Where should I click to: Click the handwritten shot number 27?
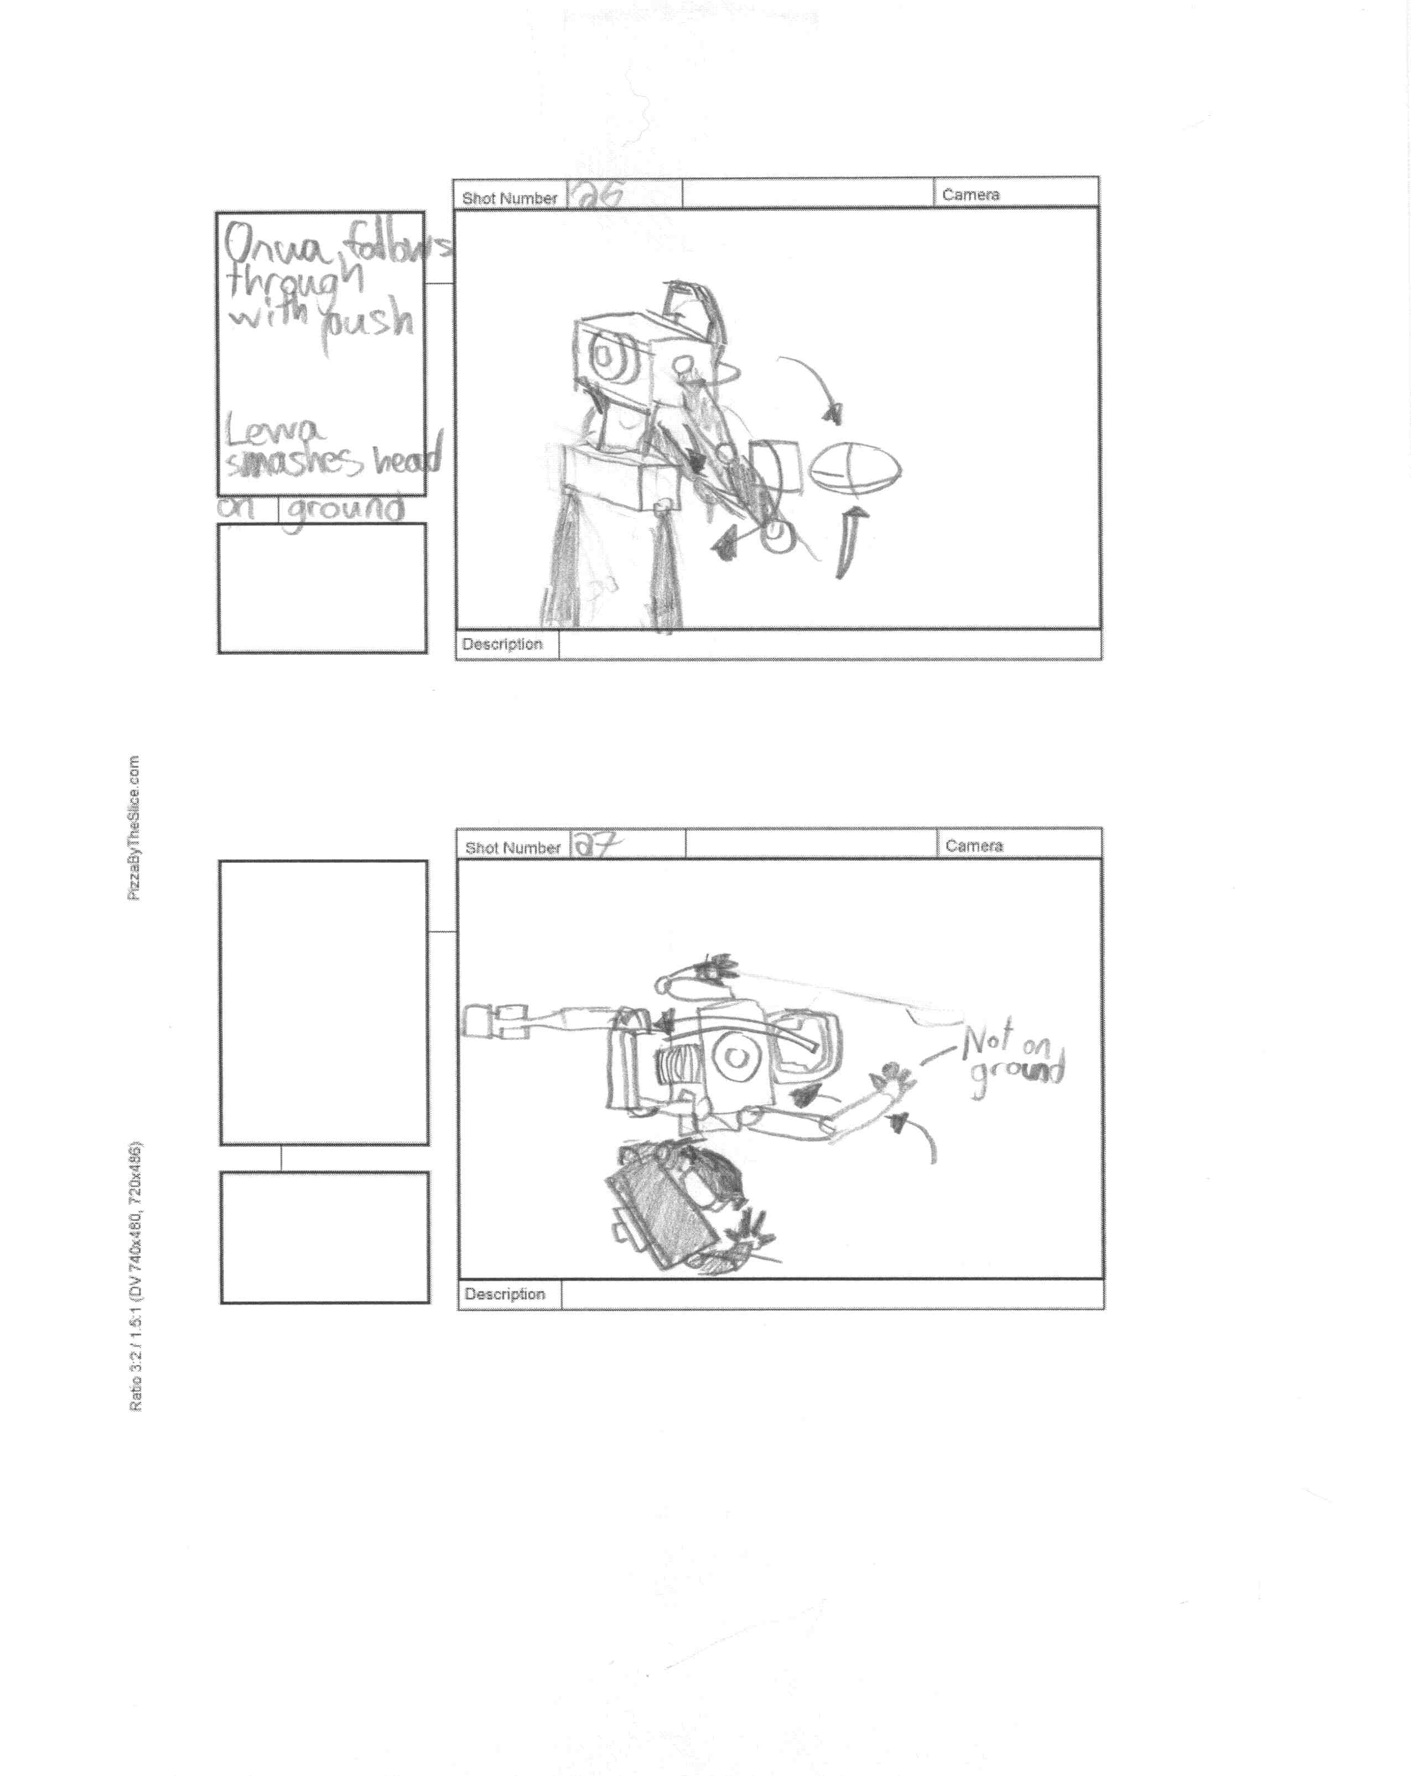[597, 845]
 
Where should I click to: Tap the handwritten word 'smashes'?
[293, 464]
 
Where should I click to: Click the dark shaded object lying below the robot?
[659, 1211]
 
